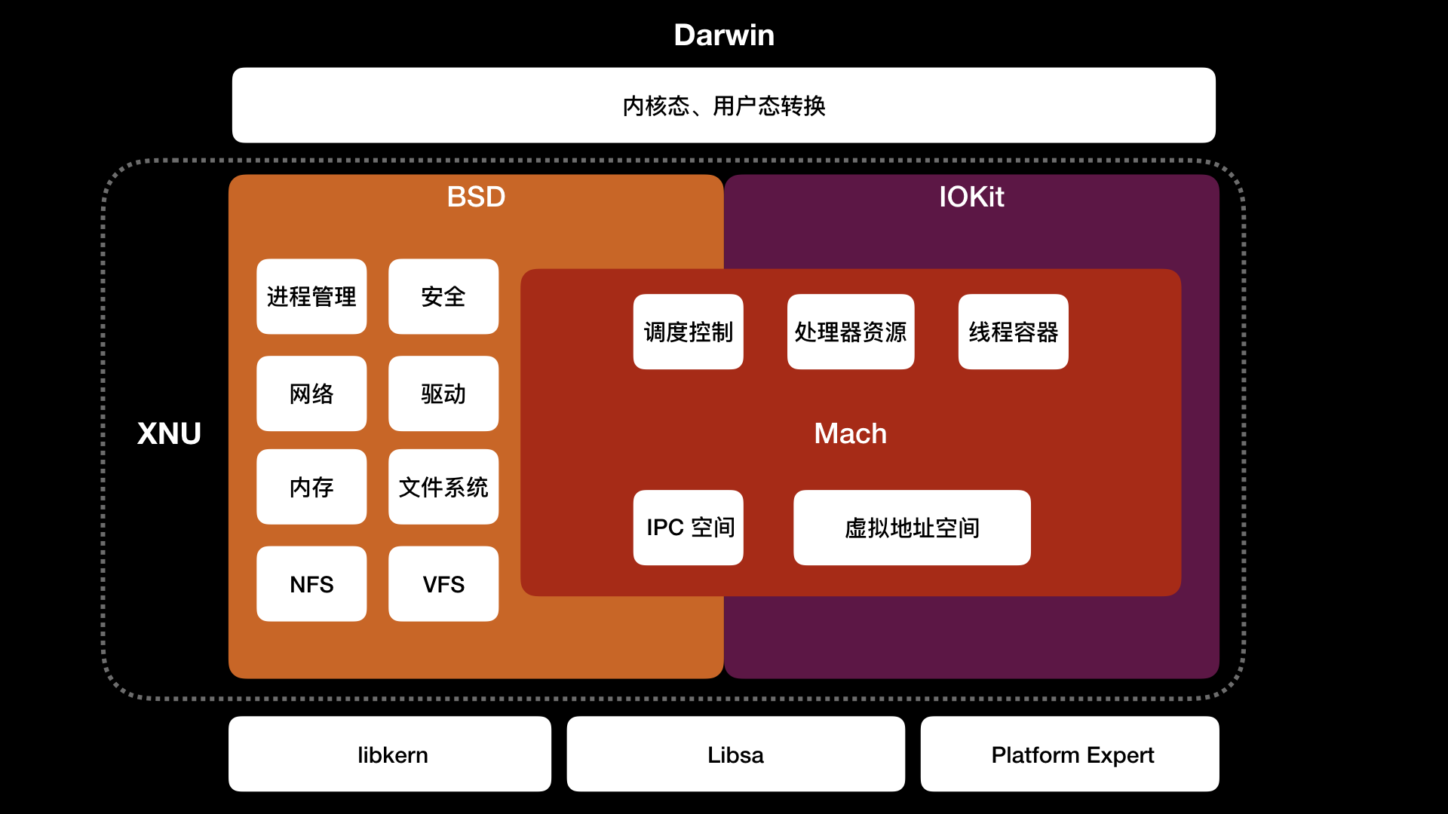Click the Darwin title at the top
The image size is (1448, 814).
pyautogui.click(x=724, y=35)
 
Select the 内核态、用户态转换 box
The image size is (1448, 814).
pyautogui.click(x=724, y=106)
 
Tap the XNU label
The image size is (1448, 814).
pyautogui.click(x=169, y=433)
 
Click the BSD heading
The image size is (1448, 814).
pyautogui.click(x=476, y=197)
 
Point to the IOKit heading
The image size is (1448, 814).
pyautogui.click(x=971, y=197)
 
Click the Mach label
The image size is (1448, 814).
pyautogui.click(x=850, y=433)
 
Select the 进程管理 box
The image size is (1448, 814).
pyautogui.click(x=311, y=296)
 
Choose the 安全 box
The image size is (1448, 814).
pyautogui.click(x=443, y=296)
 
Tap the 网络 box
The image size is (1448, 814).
pyautogui.click(x=311, y=393)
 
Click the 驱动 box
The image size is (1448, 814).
pyautogui.click(x=443, y=393)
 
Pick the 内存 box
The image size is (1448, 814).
pyautogui.click(x=311, y=487)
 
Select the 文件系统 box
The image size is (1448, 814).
pyautogui.click(x=443, y=487)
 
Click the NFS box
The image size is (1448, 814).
pyautogui.click(x=311, y=584)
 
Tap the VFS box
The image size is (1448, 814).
pyautogui.click(x=443, y=584)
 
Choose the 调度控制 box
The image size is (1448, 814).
pyautogui.click(x=688, y=332)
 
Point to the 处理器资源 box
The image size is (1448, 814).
pyautogui.click(x=851, y=332)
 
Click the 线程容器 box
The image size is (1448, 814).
pyautogui.click(x=1013, y=332)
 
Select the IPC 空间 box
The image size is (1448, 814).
pyautogui.click(x=688, y=528)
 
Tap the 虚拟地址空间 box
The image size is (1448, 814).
pyautogui.click(x=912, y=528)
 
